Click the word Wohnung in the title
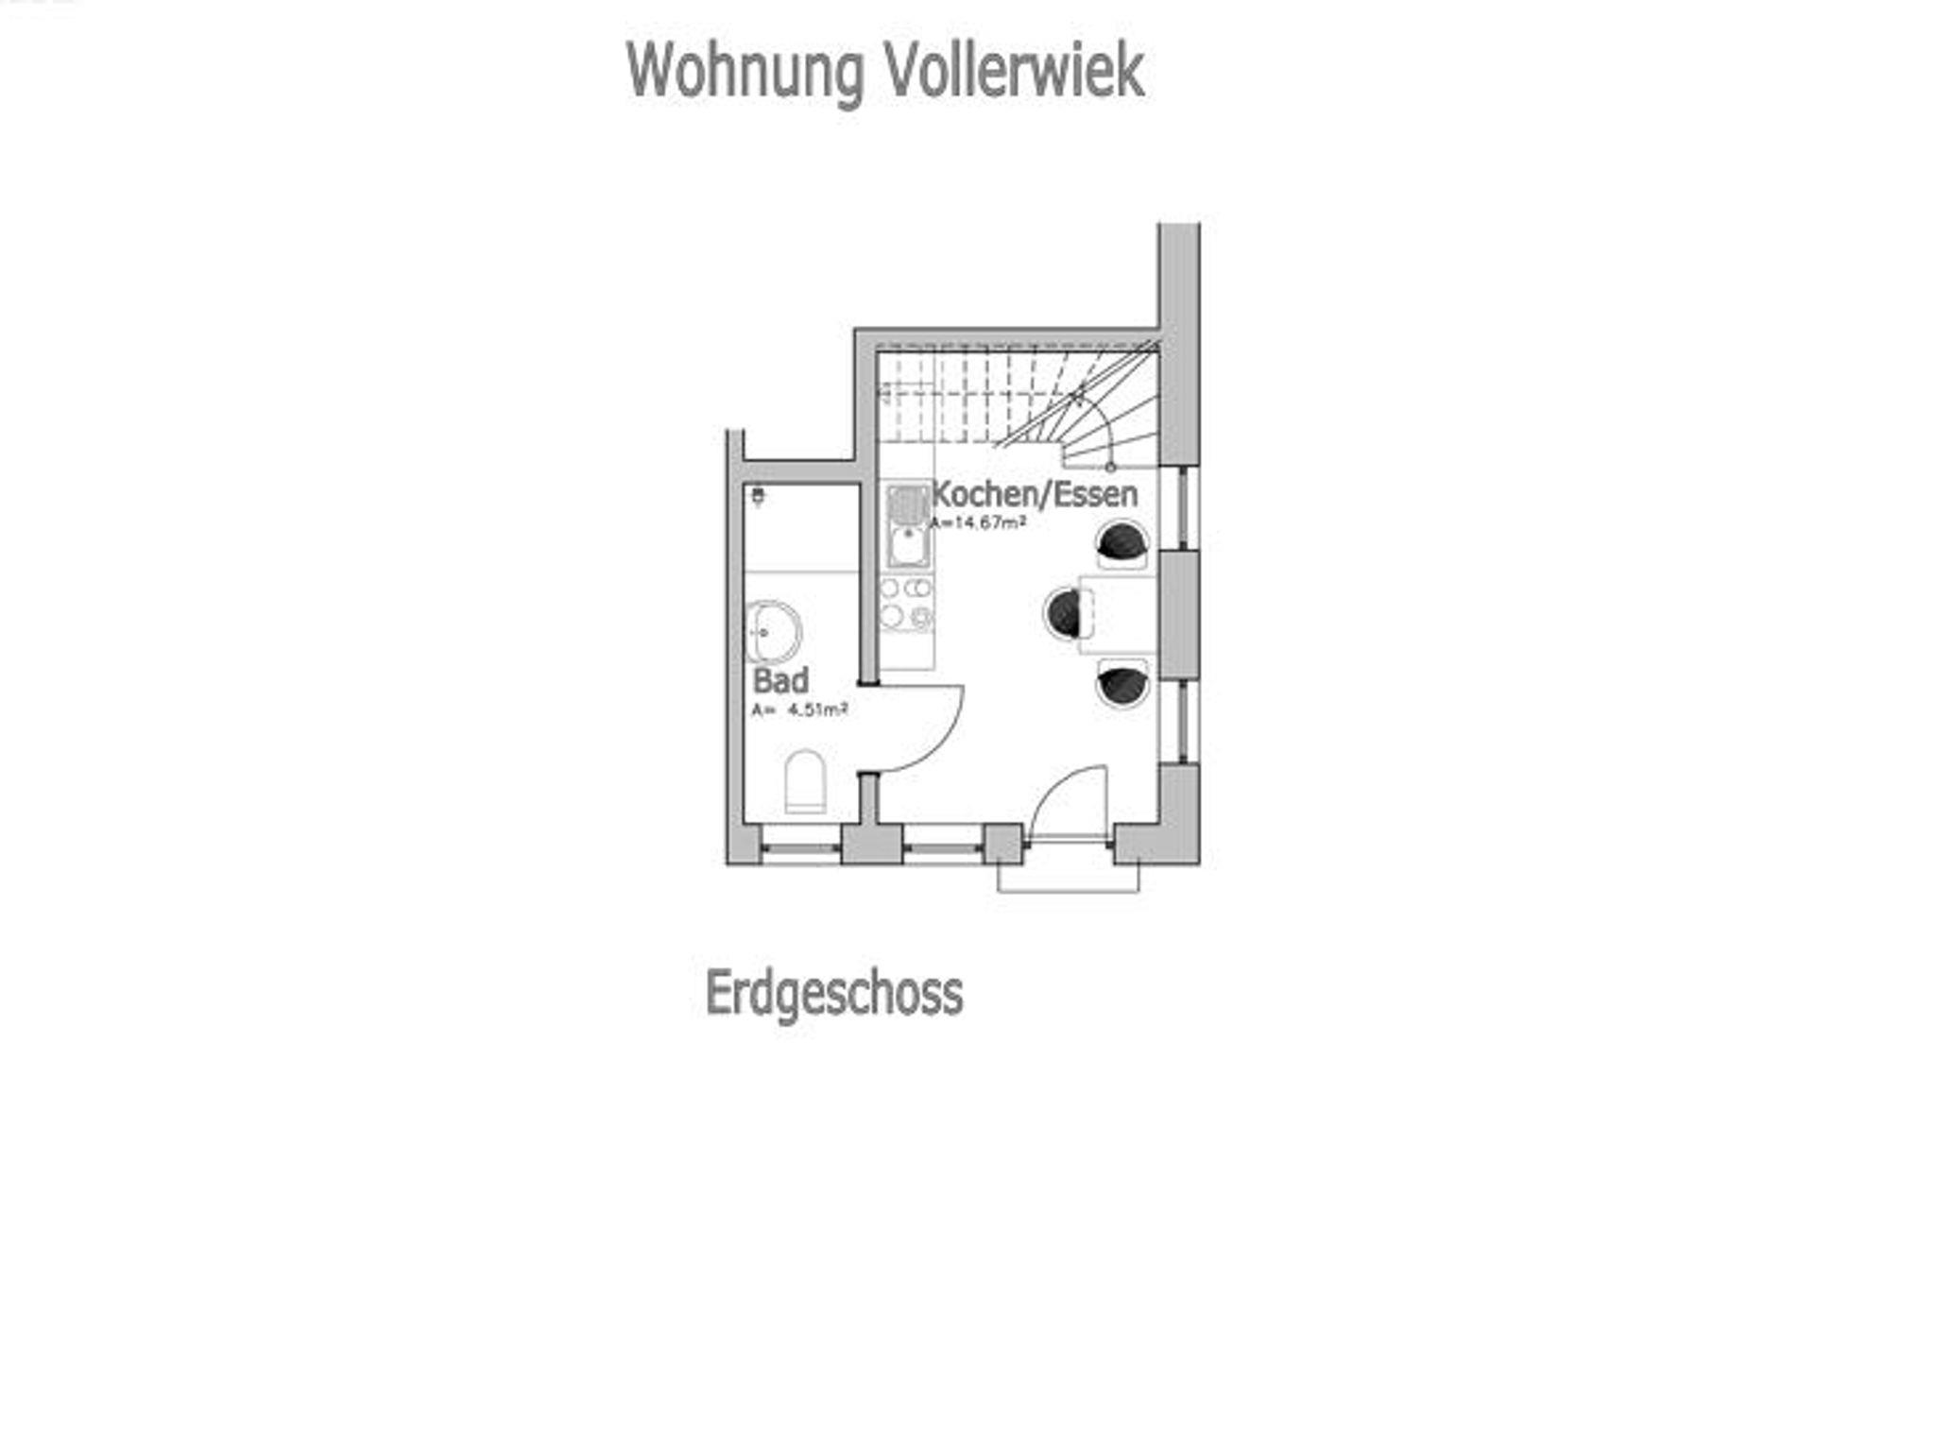pos(745,72)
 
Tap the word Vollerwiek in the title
pos(1014,72)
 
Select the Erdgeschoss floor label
pos(834,993)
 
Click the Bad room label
pos(780,680)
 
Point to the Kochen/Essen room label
pos(1035,494)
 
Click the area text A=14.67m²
pos(979,522)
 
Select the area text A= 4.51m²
pos(799,709)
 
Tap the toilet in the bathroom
pos(805,781)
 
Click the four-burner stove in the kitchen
pos(906,604)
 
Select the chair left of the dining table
pos(1065,612)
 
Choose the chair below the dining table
pos(1122,683)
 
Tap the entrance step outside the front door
pos(1068,879)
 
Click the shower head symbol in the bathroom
pos(758,496)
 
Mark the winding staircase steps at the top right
pos(1087,406)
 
